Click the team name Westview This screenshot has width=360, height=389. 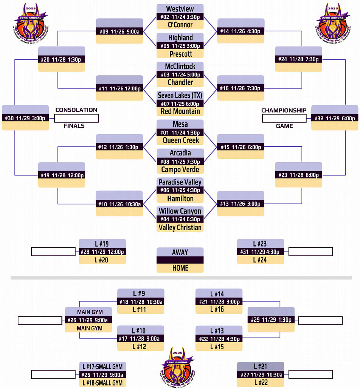tap(180, 9)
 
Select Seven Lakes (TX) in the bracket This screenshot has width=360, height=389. tap(180, 95)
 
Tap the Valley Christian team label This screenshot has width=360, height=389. tap(180, 227)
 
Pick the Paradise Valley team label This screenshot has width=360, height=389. tap(180, 182)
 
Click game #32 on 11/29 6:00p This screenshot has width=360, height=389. tap(335, 118)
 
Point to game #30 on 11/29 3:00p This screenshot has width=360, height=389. tap(25, 118)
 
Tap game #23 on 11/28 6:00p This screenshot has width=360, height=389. tap(298, 175)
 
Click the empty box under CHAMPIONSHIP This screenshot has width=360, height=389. tap(284, 119)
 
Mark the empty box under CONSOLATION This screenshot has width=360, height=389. tap(76, 119)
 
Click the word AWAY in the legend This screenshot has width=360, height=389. tap(180, 252)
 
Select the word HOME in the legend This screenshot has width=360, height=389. tap(180, 268)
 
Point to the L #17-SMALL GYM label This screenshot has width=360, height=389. tap(102, 366)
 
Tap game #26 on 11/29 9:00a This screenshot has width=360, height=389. tap(89, 320)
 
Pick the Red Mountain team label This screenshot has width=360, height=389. tap(180, 111)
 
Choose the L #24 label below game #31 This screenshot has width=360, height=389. tap(260, 260)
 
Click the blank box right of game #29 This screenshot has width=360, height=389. tap(320, 320)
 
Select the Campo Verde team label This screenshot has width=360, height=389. tap(180, 169)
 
